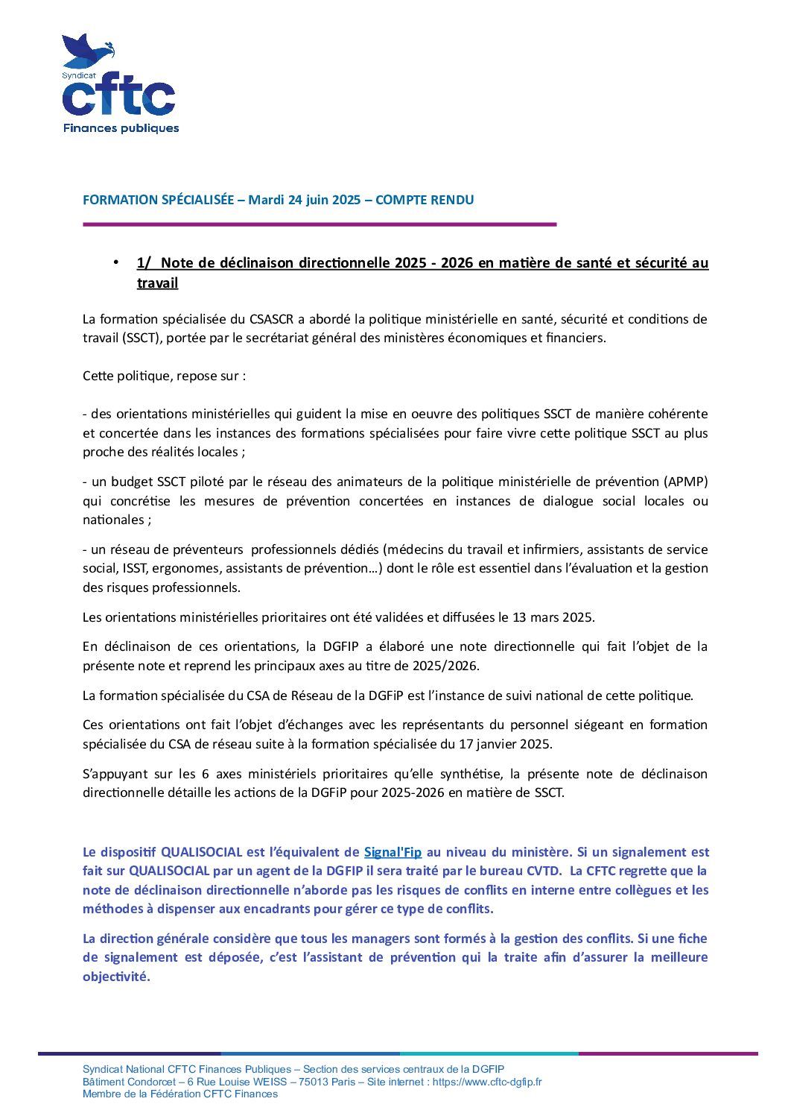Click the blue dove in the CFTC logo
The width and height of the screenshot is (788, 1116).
(x=88, y=51)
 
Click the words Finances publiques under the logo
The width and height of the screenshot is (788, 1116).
(x=121, y=128)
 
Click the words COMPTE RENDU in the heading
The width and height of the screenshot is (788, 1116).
(x=425, y=200)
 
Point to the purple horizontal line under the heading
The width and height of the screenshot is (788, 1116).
(x=320, y=224)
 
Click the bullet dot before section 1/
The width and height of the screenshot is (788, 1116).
(x=116, y=262)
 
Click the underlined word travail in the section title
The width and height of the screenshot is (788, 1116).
(x=157, y=283)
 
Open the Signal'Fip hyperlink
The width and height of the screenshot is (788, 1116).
(x=393, y=852)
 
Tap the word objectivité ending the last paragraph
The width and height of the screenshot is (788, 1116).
(x=116, y=977)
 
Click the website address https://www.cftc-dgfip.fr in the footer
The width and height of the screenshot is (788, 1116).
(x=487, y=1082)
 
